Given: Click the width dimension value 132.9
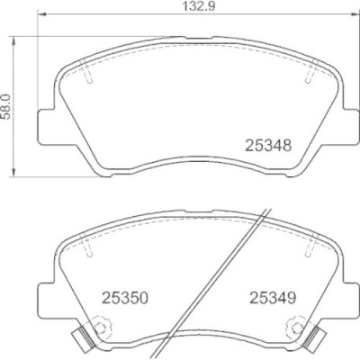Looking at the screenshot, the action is click(199, 6).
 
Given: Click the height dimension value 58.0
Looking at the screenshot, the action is click(6, 106).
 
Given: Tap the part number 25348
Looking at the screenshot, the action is click(268, 146).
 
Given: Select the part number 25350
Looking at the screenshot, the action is click(125, 298).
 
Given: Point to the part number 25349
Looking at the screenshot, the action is click(273, 298).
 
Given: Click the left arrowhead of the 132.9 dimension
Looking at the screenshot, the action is click(43, 13).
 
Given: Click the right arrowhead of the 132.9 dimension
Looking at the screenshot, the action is click(355, 13).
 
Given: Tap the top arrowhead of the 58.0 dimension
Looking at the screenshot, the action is click(13, 41).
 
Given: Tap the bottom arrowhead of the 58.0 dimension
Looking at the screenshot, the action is click(13, 172).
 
